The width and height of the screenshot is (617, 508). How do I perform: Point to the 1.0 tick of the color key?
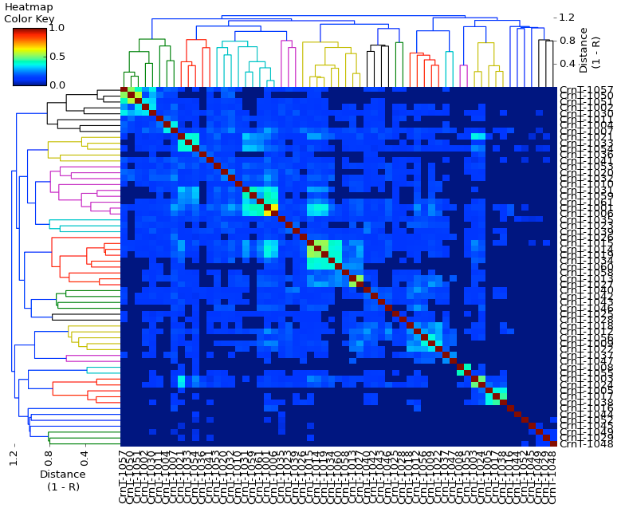point(57,27)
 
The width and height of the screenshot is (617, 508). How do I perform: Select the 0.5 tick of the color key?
point(57,56)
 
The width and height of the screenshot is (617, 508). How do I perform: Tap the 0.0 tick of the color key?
point(57,85)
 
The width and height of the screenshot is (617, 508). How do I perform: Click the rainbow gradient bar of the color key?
point(30,56)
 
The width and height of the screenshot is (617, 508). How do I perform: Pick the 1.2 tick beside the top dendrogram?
point(567,17)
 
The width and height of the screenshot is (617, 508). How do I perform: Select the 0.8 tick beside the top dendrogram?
point(567,40)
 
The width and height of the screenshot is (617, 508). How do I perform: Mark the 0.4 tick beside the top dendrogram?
point(567,64)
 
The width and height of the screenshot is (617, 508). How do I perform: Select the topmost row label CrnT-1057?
point(586,90)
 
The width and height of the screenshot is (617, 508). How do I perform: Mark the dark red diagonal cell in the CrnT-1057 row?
point(124,90)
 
